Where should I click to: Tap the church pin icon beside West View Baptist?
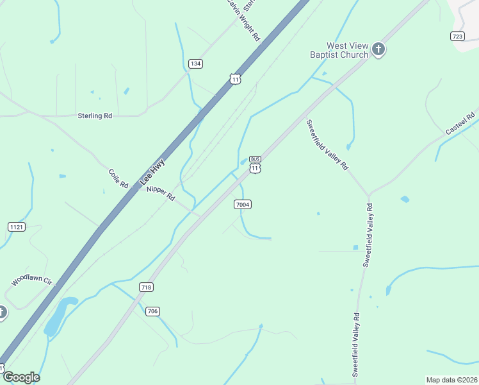tap(378, 49)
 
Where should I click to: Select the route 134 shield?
tap(196, 63)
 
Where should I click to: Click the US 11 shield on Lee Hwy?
tap(236, 79)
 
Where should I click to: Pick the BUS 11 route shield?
tap(255, 164)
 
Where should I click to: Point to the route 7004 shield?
tap(242, 205)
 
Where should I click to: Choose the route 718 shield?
tap(146, 287)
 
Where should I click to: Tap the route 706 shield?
tap(152, 311)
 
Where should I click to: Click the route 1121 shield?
tap(17, 227)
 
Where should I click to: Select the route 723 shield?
tap(457, 36)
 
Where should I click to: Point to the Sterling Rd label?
tap(95, 116)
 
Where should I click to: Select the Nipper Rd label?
tap(160, 193)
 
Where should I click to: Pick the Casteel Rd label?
tap(461, 123)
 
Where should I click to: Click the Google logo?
tap(21, 377)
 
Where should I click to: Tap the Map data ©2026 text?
tap(451, 379)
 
